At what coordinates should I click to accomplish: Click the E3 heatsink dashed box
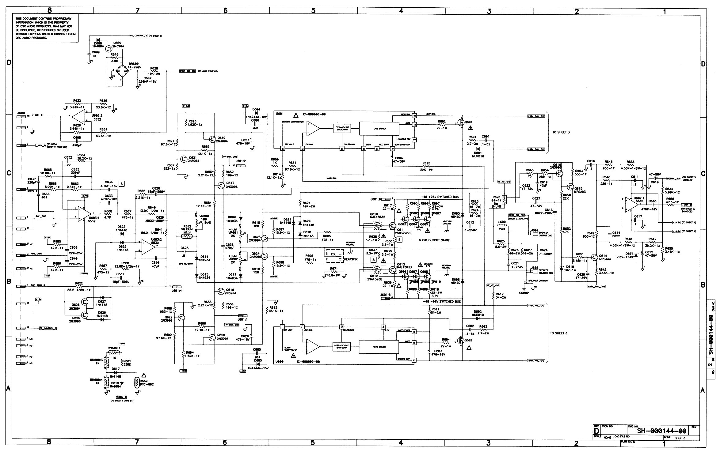click(335, 255)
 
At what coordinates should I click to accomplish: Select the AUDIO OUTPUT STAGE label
click(434, 240)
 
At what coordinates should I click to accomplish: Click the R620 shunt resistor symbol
click(504, 199)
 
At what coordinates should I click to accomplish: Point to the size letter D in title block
click(596, 430)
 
